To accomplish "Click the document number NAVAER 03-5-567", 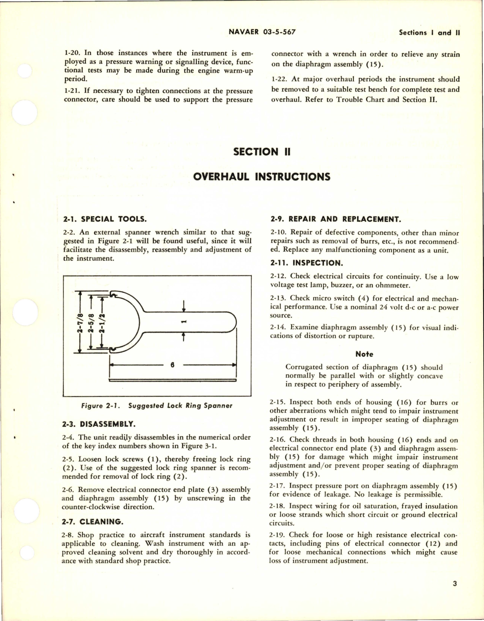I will tap(262, 32).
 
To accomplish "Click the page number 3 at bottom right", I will tap(455, 594).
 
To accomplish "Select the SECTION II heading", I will tap(261, 152).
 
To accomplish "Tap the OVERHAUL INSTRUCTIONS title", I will tap(261, 177).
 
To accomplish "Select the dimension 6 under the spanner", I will tap(172, 365).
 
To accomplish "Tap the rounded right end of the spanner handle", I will tap(231, 321).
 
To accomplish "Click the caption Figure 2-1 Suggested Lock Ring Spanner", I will tap(157, 406).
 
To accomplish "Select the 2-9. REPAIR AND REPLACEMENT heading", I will tap(336, 218).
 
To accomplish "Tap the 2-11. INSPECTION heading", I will tap(306, 263).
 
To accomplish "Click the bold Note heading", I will tap(364, 354).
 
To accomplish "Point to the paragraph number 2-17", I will tap(278, 486).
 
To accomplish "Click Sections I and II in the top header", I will tap(429, 33).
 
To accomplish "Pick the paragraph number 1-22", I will tap(278, 79).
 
